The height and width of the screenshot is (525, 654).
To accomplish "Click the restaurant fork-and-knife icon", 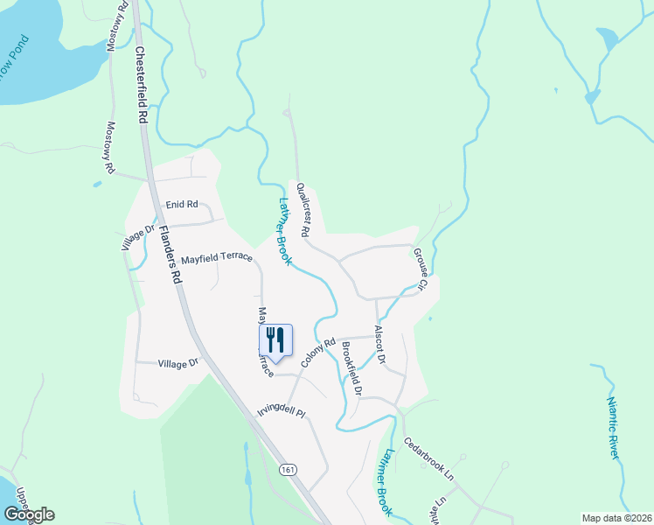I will pyautogui.click(x=275, y=339).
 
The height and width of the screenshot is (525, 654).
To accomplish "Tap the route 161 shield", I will pyautogui.click(x=289, y=470).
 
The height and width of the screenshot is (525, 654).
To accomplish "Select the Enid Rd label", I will pyautogui.click(x=182, y=205).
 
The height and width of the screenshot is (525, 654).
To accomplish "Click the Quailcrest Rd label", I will pyautogui.click(x=303, y=210).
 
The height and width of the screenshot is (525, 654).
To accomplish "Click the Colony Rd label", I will pyautogui.click(x=318, y=353).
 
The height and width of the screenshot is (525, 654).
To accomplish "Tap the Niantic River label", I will pyautogui.click(x=614, y=428).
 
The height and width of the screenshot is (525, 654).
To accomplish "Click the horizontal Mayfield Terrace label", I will pyautogui.click(x=217, y=258).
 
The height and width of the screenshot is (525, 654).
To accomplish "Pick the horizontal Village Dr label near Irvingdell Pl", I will pyautogui.click(x=178, y=362).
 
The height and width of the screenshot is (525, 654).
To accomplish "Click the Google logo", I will pyautogui.click(x=29, y=514).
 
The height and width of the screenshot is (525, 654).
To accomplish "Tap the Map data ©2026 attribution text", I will pyautogui.click(x=616, y=517).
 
